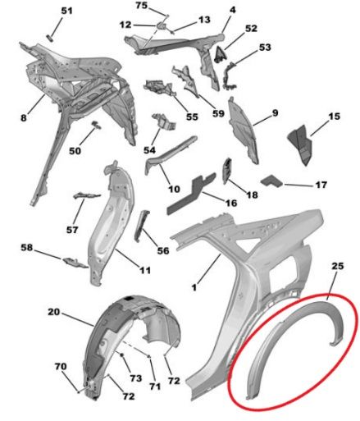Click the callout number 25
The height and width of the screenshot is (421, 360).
click(337, 266)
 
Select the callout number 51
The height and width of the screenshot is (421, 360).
click(66, 11)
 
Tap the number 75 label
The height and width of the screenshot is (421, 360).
click(142, 5)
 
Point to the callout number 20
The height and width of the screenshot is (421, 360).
click(53, 312)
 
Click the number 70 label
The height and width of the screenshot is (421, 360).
click(61, 366)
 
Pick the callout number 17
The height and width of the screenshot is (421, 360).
click(321, 185)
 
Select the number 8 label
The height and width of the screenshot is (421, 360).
click(24, 118)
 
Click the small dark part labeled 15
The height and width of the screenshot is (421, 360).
click(300, 145)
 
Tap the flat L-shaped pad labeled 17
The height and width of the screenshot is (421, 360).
click(272, 181)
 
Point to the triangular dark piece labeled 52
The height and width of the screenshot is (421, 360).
click(220, 54)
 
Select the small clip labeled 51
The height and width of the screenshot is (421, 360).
click(51, 38)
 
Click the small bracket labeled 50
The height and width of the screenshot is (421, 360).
click(96, 125)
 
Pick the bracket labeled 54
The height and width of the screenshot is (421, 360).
click(164, 121)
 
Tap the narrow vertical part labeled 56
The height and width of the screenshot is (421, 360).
click(142, 226)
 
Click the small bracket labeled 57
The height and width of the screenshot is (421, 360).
click(86, 195)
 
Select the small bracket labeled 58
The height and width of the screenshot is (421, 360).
click(75, 262)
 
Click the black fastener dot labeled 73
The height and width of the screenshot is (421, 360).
click(122, 355)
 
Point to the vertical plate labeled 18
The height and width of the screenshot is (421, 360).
click(228, 171)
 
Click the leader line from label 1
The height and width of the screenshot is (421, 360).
click(209, 269)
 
